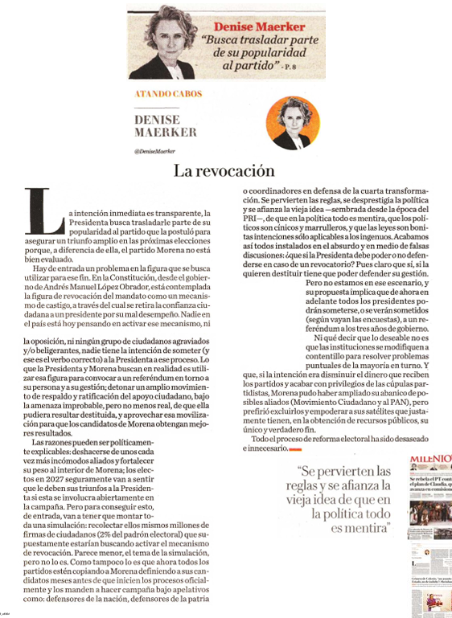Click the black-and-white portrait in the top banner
(x=162, y=36)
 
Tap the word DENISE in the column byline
(x=156, y=119)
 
